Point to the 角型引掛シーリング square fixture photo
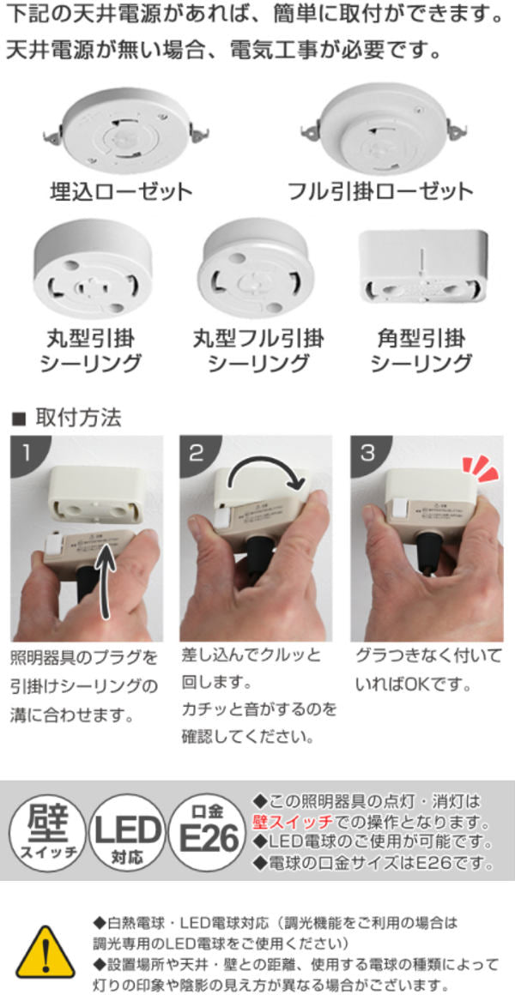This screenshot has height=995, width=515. tap(423, 267)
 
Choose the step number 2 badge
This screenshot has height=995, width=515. tap(197, 452)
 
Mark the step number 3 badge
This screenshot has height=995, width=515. tap(367, 452)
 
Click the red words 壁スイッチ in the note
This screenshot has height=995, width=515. tap(293, 823)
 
